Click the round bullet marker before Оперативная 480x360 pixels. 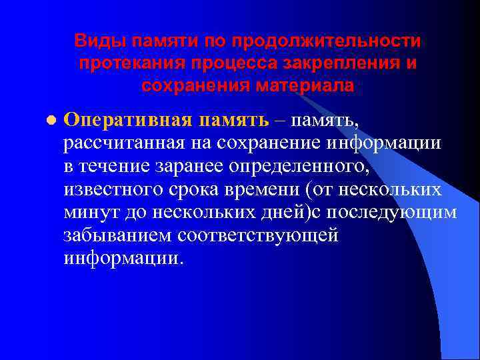point(49,121)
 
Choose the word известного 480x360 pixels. point(112,189)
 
